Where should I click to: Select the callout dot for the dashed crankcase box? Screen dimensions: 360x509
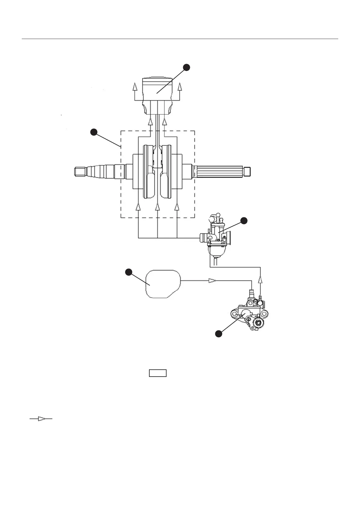coord(94,132)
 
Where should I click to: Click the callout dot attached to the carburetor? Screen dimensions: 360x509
coord(244,221)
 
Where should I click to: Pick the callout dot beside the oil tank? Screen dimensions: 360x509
coord(129,272)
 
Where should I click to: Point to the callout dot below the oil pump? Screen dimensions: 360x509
coord(218,334)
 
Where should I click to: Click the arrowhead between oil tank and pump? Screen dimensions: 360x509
coord(212,281)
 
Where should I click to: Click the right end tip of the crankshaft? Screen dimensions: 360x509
coord(248,171)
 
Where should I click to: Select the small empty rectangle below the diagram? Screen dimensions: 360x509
coord(157,373)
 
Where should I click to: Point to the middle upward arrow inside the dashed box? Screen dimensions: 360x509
coord(157,207)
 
